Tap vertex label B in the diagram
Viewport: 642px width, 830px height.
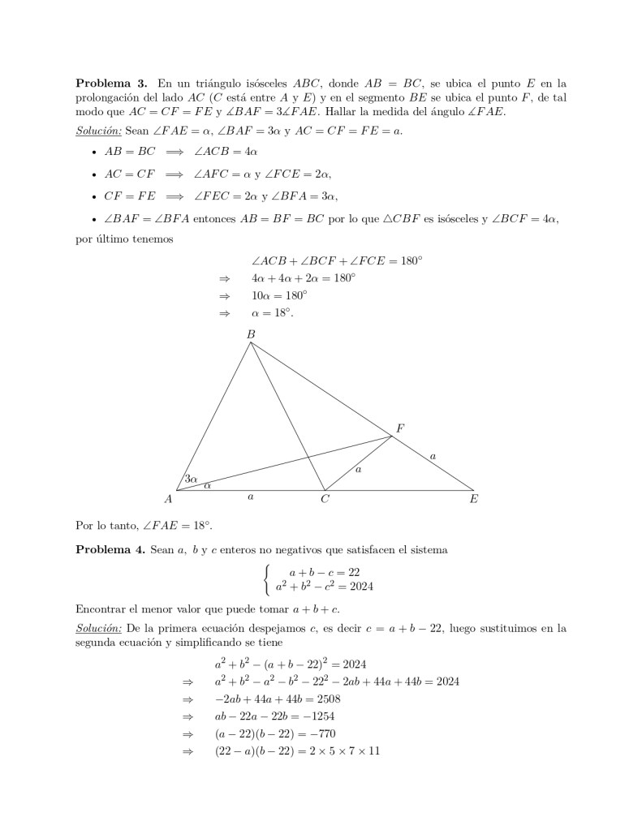pyautogui.click(x=250, y=333)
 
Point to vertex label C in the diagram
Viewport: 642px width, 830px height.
pyautogui.click(x=325, y=500)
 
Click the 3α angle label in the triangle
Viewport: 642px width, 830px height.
pyautogui.click(x=191, y=480)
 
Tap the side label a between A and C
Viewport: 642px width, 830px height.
pyautogui.click(x=250, y=496)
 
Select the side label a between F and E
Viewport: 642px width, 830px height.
pyautogui.click(x=433, y=457)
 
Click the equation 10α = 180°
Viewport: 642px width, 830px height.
pyautogui.click(x=279, y=295)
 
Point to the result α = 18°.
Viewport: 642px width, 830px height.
pyautogui.click(x=273, y=312)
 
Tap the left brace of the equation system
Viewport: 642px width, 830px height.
pyautogui.click(x=266, y=579)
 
